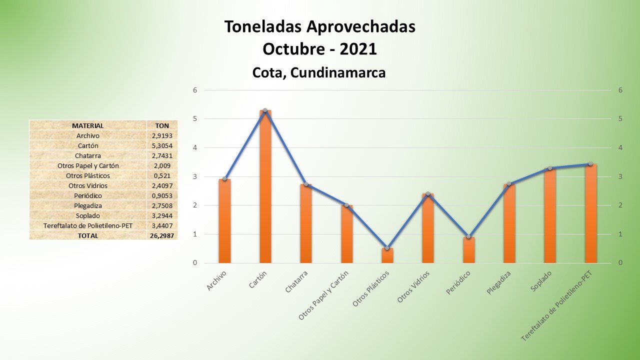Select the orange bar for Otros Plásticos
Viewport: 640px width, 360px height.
tap(387, 255)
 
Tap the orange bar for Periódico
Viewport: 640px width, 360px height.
tap(468, 250)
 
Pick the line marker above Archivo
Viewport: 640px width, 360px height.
tap(224, 179)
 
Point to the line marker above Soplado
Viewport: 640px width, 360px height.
tap(549, 168)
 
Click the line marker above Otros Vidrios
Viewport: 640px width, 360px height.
tap(427, 193)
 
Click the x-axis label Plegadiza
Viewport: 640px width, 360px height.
tap(499, 282)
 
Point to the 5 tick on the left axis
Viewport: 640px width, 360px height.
tap(195, 119)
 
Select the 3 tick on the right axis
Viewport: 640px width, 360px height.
tap(620, 176)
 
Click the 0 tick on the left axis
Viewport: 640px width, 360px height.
tap(195, 263)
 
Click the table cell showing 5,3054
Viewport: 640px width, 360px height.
tap(162, 145)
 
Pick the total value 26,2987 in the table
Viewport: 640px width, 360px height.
tap(162, 235)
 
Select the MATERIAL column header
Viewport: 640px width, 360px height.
tap(87, 125)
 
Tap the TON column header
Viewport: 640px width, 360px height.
tap(162, 125)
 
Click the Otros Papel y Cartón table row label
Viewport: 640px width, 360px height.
tap(87, 165)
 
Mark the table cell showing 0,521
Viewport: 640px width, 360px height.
tap(162, 175)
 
